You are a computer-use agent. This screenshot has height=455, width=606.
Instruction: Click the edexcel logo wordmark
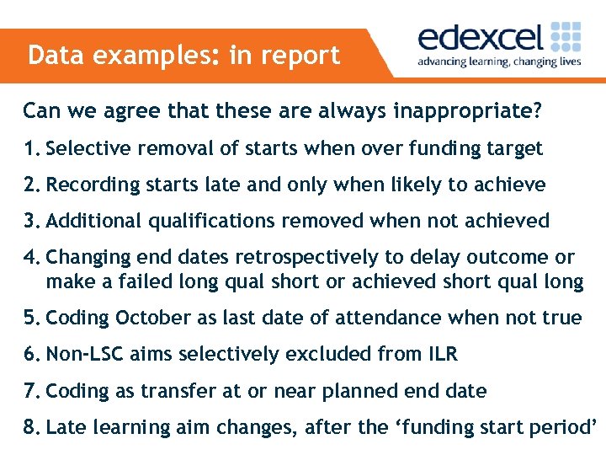[481, 40]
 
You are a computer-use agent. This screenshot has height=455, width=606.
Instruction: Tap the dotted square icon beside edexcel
[566, 38]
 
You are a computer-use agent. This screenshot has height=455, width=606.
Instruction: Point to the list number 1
[32, 149]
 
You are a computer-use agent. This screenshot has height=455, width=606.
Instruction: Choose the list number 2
[32, 185]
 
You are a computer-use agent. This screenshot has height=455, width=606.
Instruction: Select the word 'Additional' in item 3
[94, 221]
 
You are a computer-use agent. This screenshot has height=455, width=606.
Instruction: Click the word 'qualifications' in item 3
[210, 222]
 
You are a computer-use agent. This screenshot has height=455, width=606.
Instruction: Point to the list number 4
[32, 257]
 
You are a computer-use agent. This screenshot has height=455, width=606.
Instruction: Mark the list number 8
[32, 427]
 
